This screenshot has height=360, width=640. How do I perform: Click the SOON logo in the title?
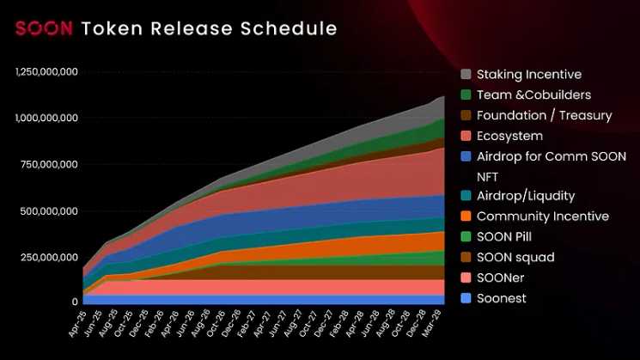tap(43, 28)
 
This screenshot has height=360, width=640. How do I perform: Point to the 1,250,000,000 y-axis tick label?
tap(47, 71)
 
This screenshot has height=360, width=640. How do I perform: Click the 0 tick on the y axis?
tap(75, 302)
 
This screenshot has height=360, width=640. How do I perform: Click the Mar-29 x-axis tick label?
tap(436, 324)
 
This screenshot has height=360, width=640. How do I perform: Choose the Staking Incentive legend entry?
tap(528, 75)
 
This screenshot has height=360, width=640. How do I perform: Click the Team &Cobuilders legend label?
tap(533, 95)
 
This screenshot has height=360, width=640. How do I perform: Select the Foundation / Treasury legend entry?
tap(544, 115)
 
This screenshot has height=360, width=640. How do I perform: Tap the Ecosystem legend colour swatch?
tap(466, 136)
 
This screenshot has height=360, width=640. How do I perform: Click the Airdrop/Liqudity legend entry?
tap(526, 196)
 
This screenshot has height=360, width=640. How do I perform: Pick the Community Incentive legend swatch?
tap(466, 217)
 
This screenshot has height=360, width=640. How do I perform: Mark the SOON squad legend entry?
tap(515, 257)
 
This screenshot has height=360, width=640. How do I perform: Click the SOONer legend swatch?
tap(466, 278)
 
